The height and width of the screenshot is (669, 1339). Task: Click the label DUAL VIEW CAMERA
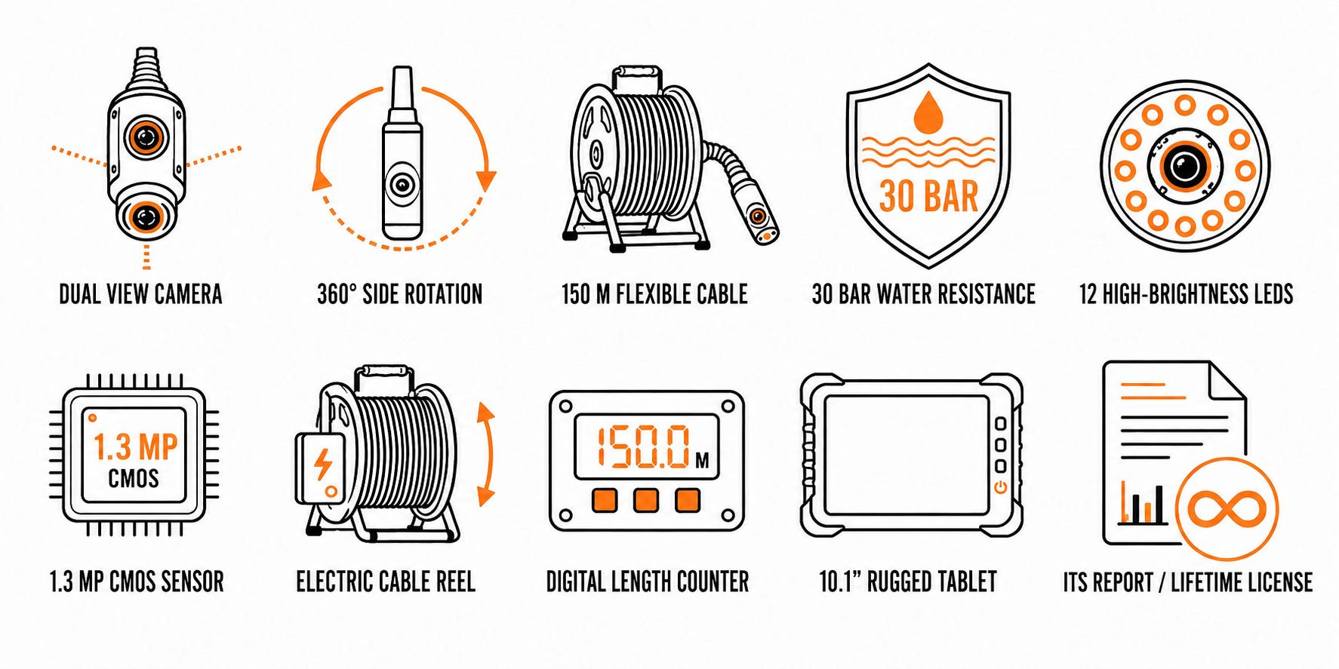[140, 294]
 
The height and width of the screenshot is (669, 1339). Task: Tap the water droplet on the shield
[928, 113]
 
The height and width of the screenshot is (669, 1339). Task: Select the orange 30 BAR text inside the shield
[928, 196]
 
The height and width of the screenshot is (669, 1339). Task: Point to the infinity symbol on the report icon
[1227, 508]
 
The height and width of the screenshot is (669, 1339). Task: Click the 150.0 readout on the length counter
[642, 446]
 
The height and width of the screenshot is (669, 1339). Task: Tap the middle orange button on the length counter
[645, 500]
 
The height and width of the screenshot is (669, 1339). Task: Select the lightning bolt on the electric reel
[323, 465]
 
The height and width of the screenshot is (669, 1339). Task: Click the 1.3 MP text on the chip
[135, 447]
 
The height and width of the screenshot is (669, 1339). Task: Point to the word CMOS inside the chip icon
[134, 478]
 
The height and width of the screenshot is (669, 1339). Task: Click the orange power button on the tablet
[1001, 487]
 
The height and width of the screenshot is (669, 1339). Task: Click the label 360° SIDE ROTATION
[399, 294]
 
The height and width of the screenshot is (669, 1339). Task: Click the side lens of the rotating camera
[402, 185]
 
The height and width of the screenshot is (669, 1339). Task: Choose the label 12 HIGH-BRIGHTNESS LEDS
[1186, 294]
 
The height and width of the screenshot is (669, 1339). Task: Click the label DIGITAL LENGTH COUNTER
[648, 582]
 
